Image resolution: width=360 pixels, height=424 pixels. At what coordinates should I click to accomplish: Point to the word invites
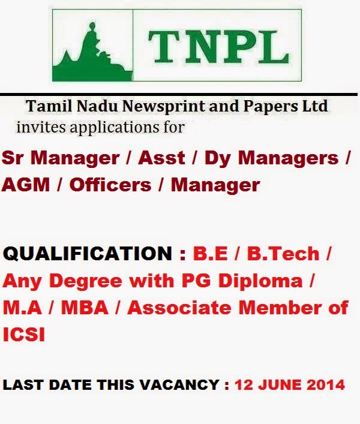pyautogui.click(x=37, y=127)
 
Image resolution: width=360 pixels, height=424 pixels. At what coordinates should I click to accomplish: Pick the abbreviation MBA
pyautogui.click(x=87, y=308)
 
